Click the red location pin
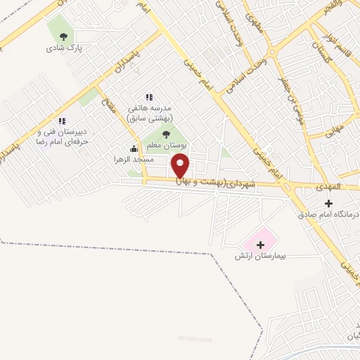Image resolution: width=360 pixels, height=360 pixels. click(x=181, y=165)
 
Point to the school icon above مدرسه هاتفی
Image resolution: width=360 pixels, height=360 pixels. click(x=148, y=97)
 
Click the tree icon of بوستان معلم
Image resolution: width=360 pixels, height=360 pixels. click(x=166, y=134)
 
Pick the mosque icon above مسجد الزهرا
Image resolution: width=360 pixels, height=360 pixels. click(x=134, y=148)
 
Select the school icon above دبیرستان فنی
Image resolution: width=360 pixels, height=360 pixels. click(x=62, y=121)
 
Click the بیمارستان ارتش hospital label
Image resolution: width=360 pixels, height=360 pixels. click(x=262, y=257)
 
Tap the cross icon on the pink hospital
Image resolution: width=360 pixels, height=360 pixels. click(x=262, y=245)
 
